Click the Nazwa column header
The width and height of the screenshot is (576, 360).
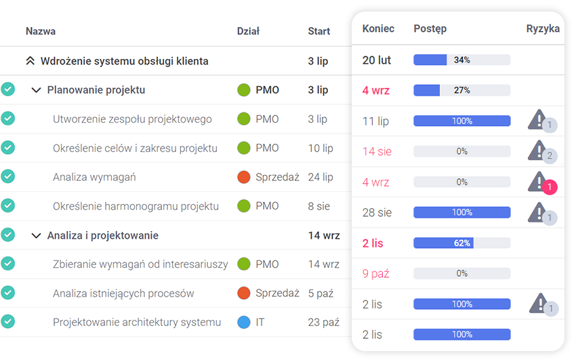[x=41, y=31]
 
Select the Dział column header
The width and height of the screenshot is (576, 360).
[x=248, y=31]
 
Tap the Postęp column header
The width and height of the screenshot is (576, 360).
[x=430, y=28]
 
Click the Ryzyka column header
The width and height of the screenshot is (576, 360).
[x=543, y=28]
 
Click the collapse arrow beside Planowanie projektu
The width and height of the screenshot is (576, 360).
[x=36, y=90]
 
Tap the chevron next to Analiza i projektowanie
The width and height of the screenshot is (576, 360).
[x=36, y=236]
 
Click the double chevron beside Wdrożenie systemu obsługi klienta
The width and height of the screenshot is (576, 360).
[x=30, y=61]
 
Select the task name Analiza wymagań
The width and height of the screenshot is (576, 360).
[x=94, y=177]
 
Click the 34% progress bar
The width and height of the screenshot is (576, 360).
[x=461, y=60]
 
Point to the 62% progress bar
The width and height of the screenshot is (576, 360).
[x=461, y=243]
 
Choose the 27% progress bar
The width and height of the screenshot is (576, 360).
[x=461, y=90]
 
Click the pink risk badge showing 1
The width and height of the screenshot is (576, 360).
[x=550, y=187]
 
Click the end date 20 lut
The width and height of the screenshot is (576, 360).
[x=377, y=60]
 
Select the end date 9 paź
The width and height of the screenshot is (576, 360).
[x=375, y=274]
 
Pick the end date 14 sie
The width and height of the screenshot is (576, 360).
[x=377, y=152]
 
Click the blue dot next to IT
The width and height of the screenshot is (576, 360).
[x=244, y=323]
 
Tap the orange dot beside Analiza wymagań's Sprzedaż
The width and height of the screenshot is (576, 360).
[x=244, y=177]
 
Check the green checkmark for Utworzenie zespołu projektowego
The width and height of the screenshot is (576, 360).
[x=7, y=119]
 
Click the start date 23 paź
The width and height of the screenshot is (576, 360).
[x=323, y=323]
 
